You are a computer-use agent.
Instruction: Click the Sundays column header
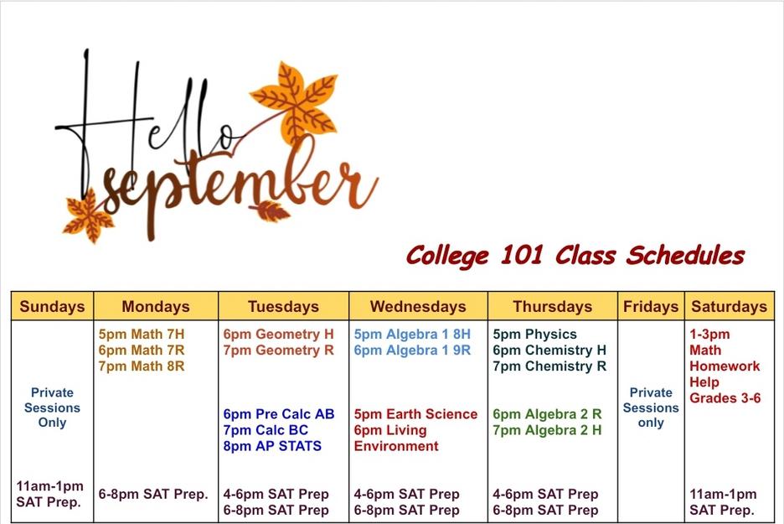point(52,306)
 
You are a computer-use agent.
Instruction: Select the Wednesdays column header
point(418,306)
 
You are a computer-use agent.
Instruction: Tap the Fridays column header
point(651,306)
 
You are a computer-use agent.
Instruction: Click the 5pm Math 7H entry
point(142,334)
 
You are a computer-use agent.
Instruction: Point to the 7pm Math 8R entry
point(142,366)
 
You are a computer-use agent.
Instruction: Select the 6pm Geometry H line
point(278,334)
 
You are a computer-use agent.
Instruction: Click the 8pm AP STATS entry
point(272,446)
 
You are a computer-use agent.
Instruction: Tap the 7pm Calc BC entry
point(266,430)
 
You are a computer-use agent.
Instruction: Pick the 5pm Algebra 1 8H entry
point(412,334)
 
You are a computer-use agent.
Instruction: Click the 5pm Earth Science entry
point(416,414)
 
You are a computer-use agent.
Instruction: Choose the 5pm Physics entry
point(535,334)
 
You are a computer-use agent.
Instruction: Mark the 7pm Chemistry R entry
point(549,366)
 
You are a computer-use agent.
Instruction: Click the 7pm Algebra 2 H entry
point(548,430)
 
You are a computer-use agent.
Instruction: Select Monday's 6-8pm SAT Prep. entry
point(153,494)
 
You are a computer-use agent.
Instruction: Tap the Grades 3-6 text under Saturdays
point(725,398)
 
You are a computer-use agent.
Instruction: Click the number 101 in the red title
point(522,255)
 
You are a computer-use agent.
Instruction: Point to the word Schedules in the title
point(685,255)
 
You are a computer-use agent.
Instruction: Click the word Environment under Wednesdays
point(396,446)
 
